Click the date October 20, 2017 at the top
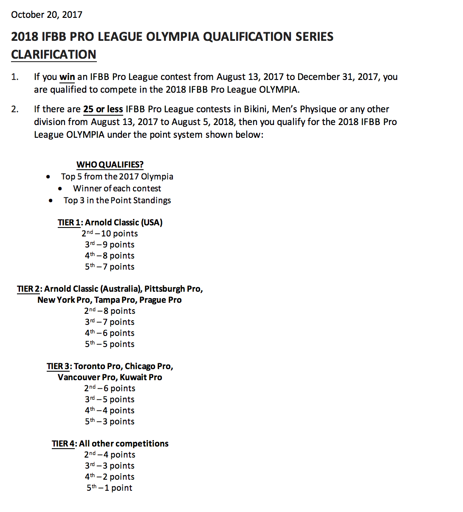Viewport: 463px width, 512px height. tap(47, 15)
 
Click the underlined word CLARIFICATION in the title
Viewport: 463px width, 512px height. tap(54, 55)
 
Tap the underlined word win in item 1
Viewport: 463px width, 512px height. tap(67, 77)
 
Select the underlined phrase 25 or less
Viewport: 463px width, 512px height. tap(103, 109)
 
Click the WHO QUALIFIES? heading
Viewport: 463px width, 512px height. tap(110, 165)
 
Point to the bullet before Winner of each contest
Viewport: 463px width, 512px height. tap(61, 189)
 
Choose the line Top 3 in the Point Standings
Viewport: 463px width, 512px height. tap(117, 200)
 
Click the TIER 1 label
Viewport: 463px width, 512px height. tap(69, 222)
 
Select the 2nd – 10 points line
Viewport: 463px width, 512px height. tap(110, 233)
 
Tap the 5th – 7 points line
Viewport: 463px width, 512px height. tap(110, 267)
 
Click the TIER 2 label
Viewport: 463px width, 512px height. tap(28, 289)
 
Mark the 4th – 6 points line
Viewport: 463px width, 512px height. tap(110, 333)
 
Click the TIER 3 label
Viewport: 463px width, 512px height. tap(58, 366)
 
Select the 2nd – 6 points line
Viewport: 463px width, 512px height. tap(110, 388)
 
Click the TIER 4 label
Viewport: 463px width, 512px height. tap(63, 444)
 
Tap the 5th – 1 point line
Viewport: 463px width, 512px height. tap(110, 488)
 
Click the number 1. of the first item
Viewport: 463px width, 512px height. tap(15, 77)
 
